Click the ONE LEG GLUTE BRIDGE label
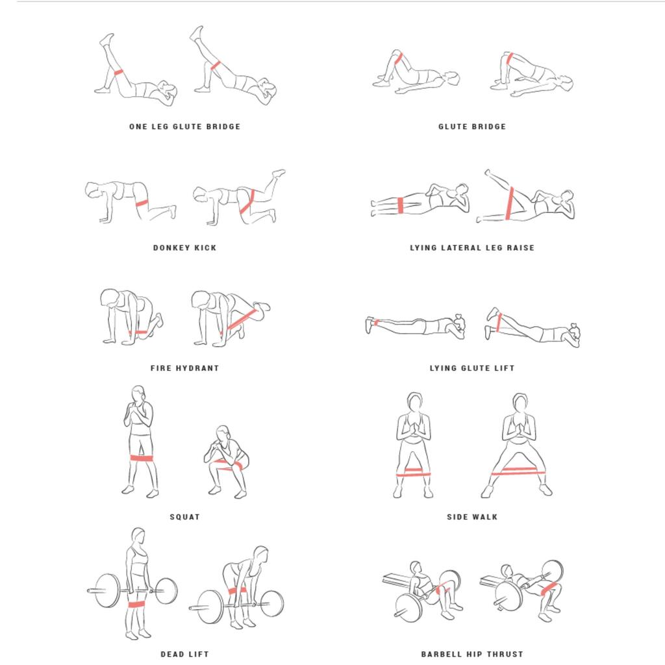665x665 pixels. tap(184, 127)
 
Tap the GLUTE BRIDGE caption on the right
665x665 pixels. tap(472, 127)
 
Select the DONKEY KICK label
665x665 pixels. tap(184, 247)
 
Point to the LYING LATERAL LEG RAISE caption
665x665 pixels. tap(472, 247)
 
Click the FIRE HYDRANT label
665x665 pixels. tap(184, 368)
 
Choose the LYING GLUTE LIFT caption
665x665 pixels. tap(472, 368)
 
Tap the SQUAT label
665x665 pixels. tap(184, 517)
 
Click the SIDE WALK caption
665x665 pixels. tap(472, 517)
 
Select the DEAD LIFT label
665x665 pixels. tap(184, 655)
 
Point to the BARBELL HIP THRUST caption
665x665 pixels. tap(472, 655)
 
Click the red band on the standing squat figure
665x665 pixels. tap(141, 458)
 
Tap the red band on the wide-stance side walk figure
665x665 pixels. tap(518, 471)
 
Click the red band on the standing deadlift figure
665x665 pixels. tap(136, 605)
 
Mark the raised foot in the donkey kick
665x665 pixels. tap(279, 173)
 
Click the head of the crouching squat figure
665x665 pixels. tap(223, 433)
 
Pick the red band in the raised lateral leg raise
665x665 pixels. tap(510, 203)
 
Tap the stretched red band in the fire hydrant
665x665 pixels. tap(242, 319)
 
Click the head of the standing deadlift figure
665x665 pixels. tap(138, 536)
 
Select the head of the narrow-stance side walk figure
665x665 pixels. tap(414, 401)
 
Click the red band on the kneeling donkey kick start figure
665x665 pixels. tap(142, 203)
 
